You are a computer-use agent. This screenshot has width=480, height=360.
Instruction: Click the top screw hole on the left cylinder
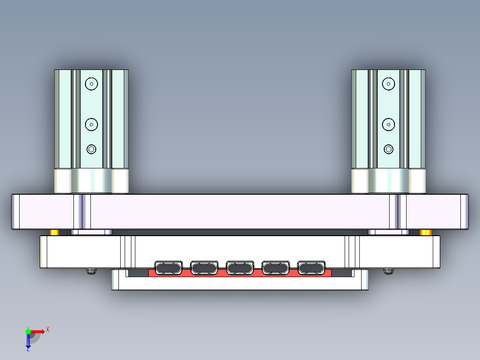point(91,83)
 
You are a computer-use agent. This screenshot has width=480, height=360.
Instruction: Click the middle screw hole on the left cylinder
point(91,124)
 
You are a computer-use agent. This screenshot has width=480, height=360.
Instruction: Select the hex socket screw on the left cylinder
point(91,149)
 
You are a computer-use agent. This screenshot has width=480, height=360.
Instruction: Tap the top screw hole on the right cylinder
point(388,83)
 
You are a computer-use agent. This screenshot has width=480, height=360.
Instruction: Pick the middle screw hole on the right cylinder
point(388,124)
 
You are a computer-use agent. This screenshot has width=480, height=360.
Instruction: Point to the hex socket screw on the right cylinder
point(388,149)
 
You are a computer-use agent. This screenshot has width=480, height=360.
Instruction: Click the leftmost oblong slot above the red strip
point(168,268)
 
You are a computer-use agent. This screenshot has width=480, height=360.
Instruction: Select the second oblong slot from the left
point(204,268)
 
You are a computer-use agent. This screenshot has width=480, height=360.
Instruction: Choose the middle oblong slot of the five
point(240,268)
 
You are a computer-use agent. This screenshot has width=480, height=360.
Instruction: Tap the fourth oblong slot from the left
point(276,268)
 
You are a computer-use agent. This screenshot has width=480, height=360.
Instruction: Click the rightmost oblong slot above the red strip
point(311,268)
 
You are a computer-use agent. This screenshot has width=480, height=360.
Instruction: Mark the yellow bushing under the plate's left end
point(54,232)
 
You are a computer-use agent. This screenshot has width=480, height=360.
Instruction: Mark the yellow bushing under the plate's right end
point(426,232)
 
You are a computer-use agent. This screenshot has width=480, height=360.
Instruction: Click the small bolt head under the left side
point(91,271)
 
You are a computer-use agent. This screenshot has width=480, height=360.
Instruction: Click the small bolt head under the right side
point(388,271)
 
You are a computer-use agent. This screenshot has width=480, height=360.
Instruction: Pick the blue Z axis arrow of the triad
point(28,342)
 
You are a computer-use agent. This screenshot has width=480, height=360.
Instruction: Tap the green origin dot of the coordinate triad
point(28,331)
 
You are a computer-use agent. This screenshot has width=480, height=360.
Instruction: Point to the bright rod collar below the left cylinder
point(91,181)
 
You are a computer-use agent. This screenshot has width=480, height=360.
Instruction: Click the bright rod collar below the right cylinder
point(388,181)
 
